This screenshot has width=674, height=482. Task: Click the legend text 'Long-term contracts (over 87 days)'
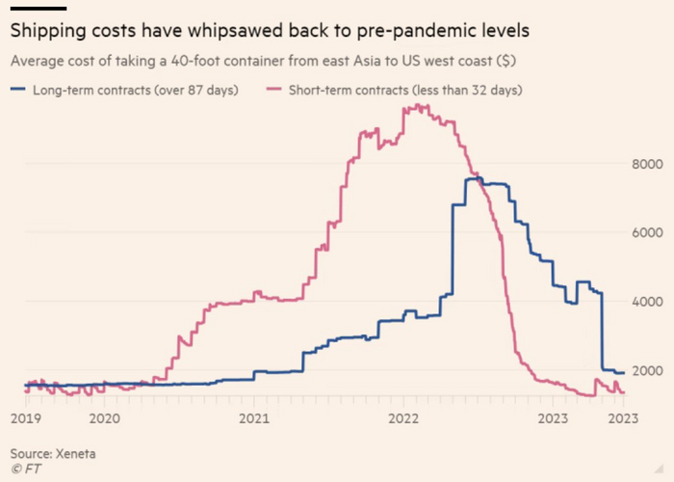click(x=135, y=90)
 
